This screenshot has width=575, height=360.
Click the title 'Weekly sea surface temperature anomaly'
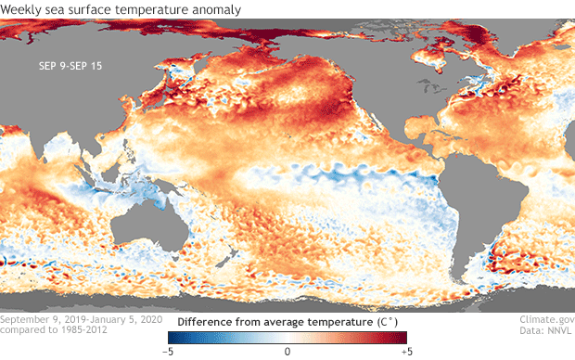click(x=121, y=9)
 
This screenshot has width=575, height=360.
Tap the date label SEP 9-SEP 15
click(x=70, y=66)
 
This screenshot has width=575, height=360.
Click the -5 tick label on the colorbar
click(x=168, y=352)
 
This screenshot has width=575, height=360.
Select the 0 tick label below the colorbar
click(x=287, y=352)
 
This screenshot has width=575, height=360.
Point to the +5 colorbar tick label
click(x=407, y=352)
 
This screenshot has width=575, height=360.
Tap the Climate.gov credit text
click(x=547, y=319)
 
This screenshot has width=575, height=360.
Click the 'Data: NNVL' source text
click(x=545, y=330)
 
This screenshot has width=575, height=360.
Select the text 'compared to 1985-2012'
click(x=54, y=329)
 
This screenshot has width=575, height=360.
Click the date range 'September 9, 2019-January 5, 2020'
click(x=81, y=319)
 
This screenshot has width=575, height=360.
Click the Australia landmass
click(x=148, y=224)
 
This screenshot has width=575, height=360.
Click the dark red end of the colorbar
click(x=402, y=338)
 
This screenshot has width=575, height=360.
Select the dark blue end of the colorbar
click(x=174, y=338)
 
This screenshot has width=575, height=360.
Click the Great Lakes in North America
click(x=433, y=87)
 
